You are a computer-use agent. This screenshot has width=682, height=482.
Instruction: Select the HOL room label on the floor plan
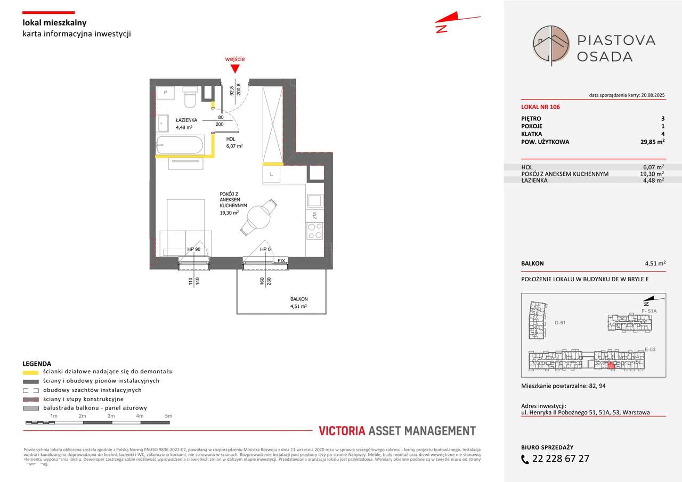click(231, 138)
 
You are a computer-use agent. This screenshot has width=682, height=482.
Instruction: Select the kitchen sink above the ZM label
click(314, 201)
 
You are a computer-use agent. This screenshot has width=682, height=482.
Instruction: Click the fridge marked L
click(271, 174)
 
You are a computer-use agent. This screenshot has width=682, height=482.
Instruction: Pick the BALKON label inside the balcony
click(299, 299)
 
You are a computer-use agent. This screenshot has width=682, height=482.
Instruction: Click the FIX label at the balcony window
click(281, 261)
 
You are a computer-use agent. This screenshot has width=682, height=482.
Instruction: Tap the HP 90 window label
click(193, 249)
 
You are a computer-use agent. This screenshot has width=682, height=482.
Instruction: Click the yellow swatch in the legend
click(31, 372)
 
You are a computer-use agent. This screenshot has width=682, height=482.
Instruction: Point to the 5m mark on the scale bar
click(168, 415)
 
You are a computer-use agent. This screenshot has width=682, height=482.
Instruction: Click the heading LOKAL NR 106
click(540, 107)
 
